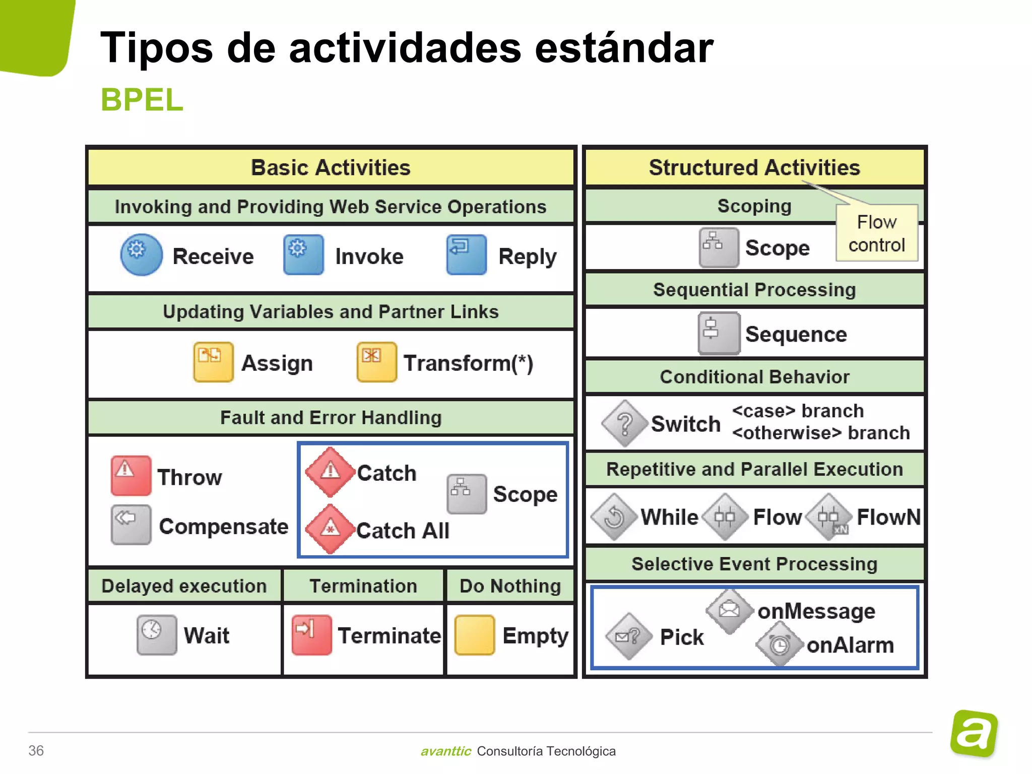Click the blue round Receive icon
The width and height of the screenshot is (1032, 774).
141,254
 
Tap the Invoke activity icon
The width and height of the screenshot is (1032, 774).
303,254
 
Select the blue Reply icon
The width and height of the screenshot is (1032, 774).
466,254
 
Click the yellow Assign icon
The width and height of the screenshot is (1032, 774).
213,362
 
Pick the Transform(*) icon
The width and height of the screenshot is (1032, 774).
376,362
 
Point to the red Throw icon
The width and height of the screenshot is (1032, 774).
131,475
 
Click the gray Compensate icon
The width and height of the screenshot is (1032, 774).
131,525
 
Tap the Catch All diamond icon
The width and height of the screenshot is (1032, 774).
330,529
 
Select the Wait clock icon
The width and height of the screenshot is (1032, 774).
157,634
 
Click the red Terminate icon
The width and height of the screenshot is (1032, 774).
311,634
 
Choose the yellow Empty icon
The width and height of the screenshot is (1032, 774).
474,634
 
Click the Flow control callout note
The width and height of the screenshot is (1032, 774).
876,233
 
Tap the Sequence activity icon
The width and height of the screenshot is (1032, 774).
719,333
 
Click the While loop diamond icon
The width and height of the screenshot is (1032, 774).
614,517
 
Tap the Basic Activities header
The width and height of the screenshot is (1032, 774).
331,167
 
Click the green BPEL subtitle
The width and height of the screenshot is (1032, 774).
142,99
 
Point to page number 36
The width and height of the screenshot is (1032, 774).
36,750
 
